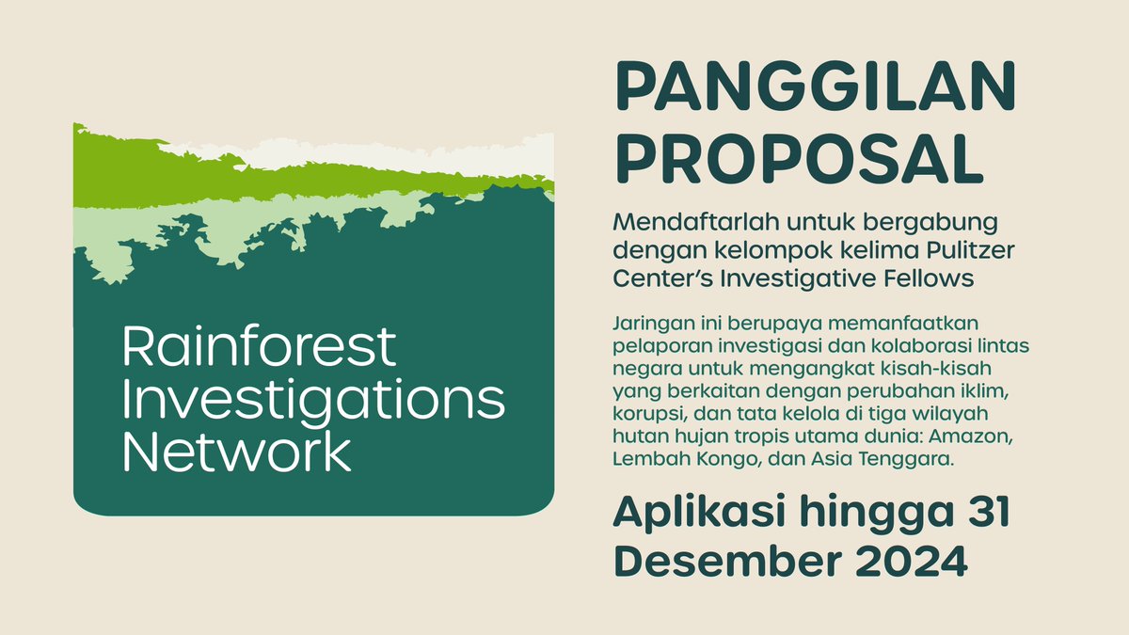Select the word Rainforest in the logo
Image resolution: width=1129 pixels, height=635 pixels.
(x=260, y=347)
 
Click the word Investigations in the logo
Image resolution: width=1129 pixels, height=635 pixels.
(x=313, y=401)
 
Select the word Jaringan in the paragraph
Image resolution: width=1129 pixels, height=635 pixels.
(x=647, y=324)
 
